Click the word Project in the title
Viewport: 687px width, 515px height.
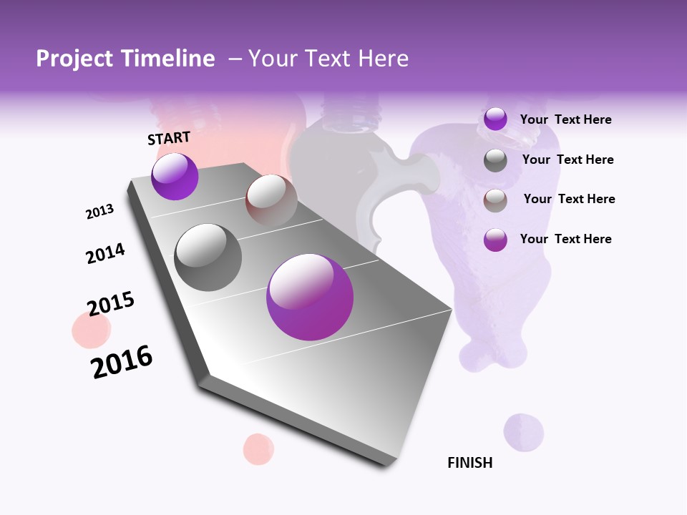(74, 59)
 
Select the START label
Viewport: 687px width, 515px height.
(169, 138)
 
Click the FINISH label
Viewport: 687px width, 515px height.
(470, 463)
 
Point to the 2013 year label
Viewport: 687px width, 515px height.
(99, 212)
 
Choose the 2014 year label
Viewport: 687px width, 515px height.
(105, 253)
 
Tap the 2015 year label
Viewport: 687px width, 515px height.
(111, 304)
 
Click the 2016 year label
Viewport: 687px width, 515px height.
(122, 362)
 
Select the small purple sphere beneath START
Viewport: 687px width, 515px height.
(175, 177)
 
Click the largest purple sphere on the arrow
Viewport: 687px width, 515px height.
(310, 297)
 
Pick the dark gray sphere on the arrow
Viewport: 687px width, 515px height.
(208, 257)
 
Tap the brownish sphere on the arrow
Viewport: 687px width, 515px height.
(271, 200)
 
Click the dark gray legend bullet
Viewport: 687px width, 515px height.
(495, 161)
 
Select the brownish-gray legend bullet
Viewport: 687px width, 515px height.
(495, 201)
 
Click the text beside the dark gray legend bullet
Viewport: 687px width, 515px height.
(567, 160)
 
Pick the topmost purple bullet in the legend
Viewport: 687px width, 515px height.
(495, 119)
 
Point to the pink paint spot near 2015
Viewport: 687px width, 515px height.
(91, 330)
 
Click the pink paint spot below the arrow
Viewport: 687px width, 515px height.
(258, 448)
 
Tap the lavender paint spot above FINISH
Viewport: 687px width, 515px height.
(523, 432)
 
